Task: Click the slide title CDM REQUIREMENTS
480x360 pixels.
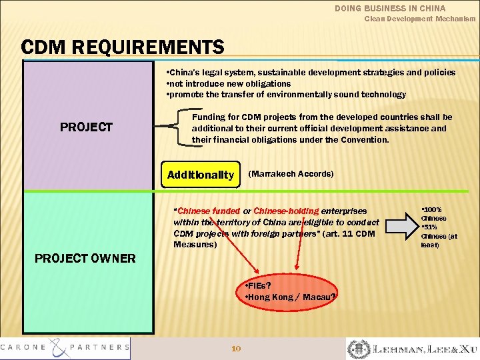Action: pyautogui.click(x=123, y=47)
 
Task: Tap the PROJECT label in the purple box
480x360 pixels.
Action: pyautogui.click(x=86, y=127)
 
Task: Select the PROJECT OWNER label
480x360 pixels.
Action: pyautogui.click(x=85, y=258)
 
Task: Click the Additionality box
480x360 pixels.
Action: pyautogui.click(x=201, y=175)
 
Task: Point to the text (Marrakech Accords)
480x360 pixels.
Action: pyautogui.click(x=291, y=174)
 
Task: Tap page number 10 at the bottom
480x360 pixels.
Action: pyautogui.click(x=235, y=348)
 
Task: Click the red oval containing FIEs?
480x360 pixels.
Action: pyautogui.click(x=288, y=291)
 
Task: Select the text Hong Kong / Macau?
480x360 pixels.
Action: pyautogui.click(x=292, y=297)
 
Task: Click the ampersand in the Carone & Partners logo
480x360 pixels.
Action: pyautogui.click(x=65, y=347)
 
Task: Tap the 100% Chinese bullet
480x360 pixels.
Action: pyautogui.click(x=434, y=213)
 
